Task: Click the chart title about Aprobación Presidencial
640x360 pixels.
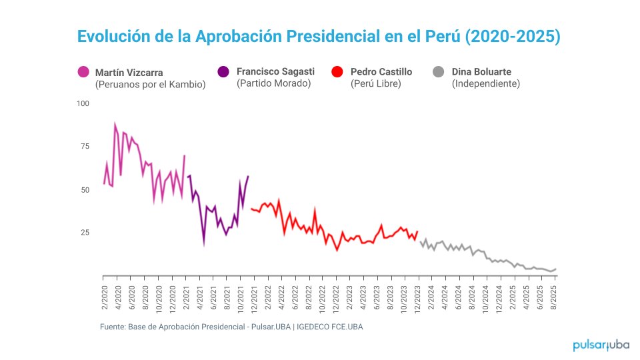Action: point(319,37)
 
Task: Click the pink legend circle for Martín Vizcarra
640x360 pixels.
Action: point(83,72)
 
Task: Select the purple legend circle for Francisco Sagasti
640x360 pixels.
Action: point(223,72)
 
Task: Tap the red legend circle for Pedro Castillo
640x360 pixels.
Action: point(337,72)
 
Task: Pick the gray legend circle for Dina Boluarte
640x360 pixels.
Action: point(439,72)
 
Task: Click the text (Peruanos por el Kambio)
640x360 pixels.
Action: point(150,85)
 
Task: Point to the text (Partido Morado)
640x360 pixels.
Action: point(273,84)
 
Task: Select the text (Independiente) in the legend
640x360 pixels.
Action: point(485,84)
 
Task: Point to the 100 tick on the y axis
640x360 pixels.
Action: point(83,103)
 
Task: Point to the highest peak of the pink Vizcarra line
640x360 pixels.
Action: point(115,123)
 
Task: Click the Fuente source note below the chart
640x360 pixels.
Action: point(231,327)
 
